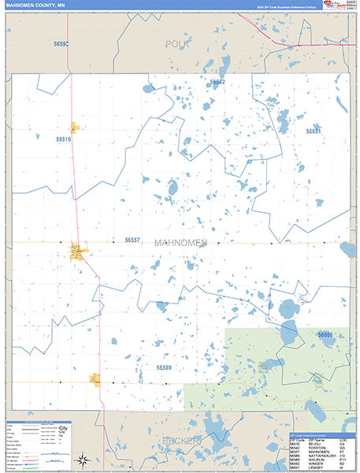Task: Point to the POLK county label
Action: [x=178, y=44]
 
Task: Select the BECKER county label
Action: [x=179, y=440]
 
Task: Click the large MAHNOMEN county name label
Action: [x=180, y=242]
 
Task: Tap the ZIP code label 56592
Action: [x=61, y=44]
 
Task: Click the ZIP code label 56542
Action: [x=217, y=81]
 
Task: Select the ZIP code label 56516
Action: [x=63, y=139]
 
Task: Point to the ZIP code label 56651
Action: [x=314, y=132]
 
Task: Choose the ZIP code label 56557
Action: [x=132, y=240]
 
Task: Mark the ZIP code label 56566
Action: [x=325, y=335]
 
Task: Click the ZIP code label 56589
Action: [x=163, y=367]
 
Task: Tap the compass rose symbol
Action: [x=82, y=459]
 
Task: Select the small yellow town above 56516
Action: [x=75, y=126]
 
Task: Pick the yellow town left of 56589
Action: [x=95, y=380]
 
